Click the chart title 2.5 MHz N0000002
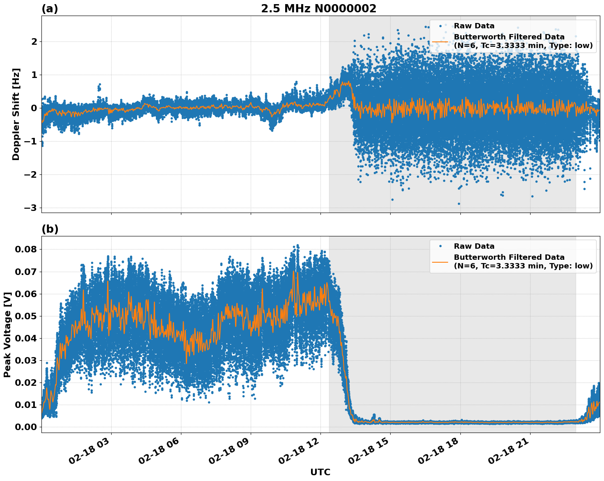click(x=318, y=9)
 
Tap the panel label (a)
click(x=50, y=9)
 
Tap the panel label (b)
click(x=50, y=229)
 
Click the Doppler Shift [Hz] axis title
click(x=16, y=114)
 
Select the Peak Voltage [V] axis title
click(x=7, y=334)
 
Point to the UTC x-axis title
click(x=320, y=472)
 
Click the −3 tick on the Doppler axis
click(x=30, y=208)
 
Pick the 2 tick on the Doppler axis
click(x=34, y=42)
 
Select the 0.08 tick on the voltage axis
click(x=26, y=250)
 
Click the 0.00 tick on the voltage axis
click(x=26, y=427)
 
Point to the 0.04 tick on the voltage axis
click(x=26, y=338)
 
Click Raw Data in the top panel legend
click(x=474, y=26)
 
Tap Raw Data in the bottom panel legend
click(x=474, y=246)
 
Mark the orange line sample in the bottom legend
click(x=440, y=261)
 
